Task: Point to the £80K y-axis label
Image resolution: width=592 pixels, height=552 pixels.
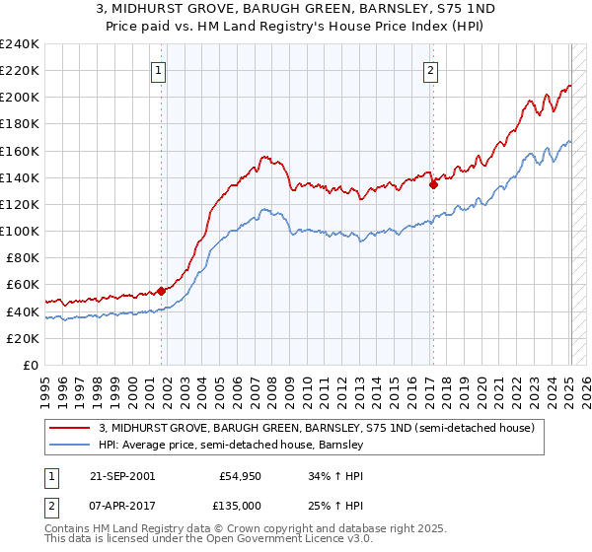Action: (22, 257)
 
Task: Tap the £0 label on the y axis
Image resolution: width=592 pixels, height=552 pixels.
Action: (31, 365)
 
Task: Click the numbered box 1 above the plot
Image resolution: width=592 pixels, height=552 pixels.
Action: (159, 69)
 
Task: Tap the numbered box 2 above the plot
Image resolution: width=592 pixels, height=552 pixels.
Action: (431, 69)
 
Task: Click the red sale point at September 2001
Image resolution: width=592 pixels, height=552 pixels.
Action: (162, 291)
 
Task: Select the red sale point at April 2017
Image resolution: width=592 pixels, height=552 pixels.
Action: (433, 183)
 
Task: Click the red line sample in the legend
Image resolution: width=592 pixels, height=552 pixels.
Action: (71, 429)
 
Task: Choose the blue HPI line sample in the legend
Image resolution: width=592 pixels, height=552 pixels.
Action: (71, 446)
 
